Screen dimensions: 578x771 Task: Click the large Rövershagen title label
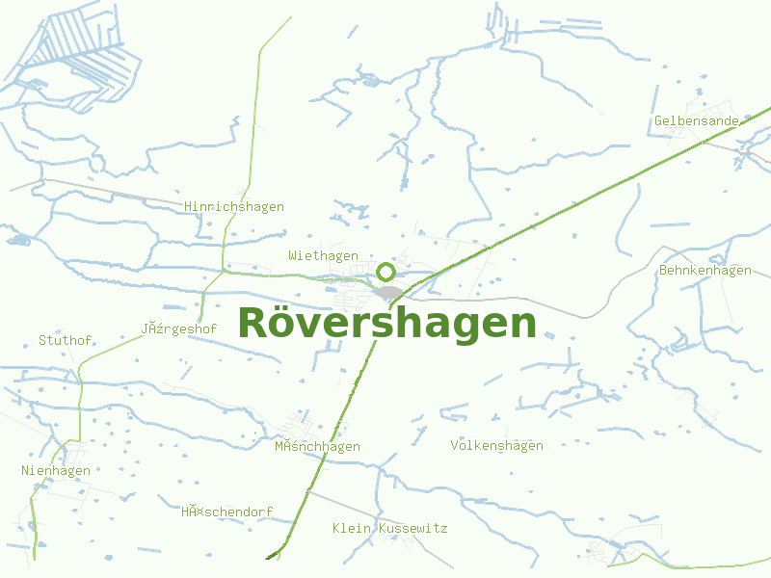point(386,323)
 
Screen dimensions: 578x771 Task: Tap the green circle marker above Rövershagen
point(385,272)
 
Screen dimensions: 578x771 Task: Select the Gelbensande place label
point(697,121)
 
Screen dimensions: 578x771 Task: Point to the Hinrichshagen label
point(234,207)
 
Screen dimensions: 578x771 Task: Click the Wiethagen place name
point(323,255)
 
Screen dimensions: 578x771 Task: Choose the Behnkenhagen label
point(705,271)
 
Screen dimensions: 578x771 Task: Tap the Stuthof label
point(65,341)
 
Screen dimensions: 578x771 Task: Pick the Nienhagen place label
point(56,471)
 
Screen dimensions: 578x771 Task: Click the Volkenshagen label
point(496,446)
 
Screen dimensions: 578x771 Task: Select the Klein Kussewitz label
point(389,529)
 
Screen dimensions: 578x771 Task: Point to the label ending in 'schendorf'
point(226,512)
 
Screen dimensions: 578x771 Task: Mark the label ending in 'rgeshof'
point(178,328)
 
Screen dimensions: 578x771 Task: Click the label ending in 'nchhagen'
point(317,447)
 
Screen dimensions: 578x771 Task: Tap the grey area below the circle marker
point(389,292)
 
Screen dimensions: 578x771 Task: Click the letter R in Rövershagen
point(253,323)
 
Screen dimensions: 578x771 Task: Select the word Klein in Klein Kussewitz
point(352,529)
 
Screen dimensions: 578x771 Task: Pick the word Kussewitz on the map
point(413,529)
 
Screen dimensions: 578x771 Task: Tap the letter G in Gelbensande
point(658,121)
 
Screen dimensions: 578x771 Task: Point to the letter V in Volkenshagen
point(455,446)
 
